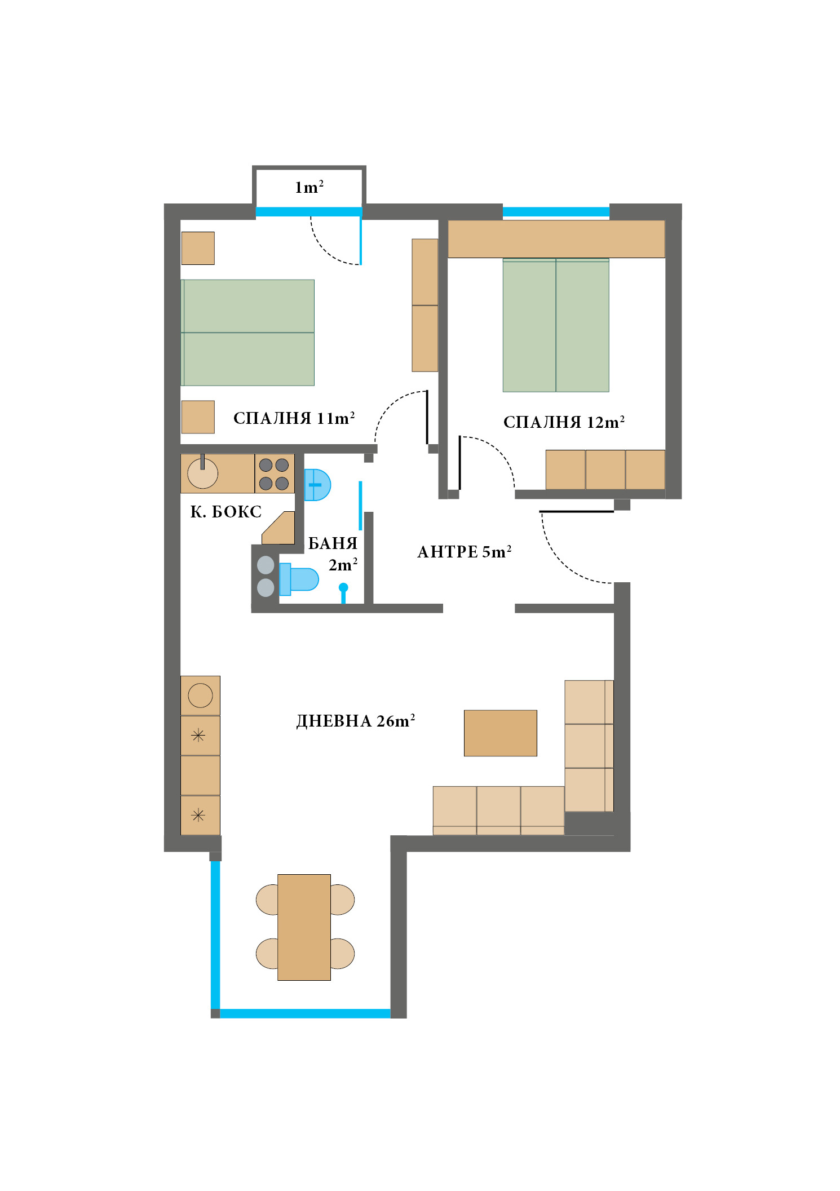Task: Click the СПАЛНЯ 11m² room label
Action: (294, 418)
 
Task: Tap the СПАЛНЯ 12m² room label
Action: (563, 422)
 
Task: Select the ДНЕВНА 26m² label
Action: (355, 721)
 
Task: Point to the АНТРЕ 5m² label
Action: (464, 552)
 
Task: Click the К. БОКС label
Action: (226, 512)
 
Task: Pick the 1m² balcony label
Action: (309, 187)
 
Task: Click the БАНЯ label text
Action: (333, 543)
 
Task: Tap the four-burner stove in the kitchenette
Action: (274, 474)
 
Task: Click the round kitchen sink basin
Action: (202, 473)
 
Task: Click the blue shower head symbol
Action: (343, 588)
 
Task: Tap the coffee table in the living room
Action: (500, 733)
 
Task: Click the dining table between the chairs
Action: (304, 927)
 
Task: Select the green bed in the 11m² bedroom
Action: (247, 333)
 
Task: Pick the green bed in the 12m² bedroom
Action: (555, 326)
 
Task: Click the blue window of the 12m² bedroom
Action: (556, 212)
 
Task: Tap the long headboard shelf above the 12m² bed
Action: (556, 239)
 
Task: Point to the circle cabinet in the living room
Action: (200, 696)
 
